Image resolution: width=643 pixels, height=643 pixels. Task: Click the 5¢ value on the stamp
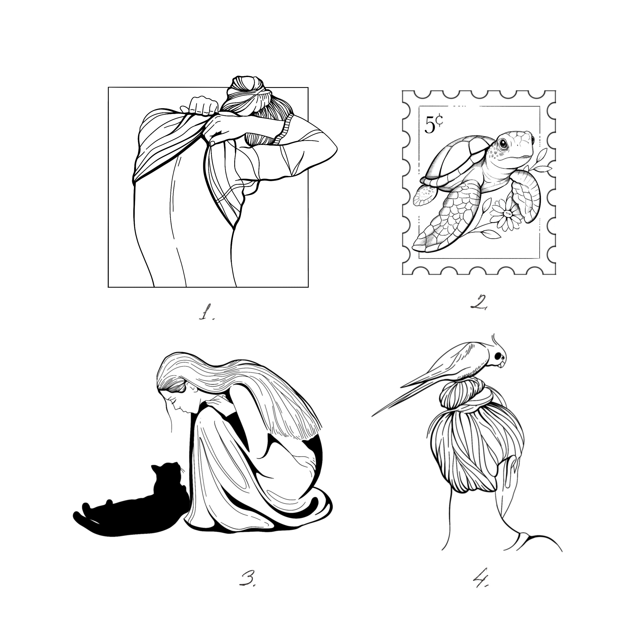click(x=433, y=124)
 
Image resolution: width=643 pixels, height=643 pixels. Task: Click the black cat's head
click(x=166, y=474)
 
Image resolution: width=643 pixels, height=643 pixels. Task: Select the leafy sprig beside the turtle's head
click(x=541, y=161)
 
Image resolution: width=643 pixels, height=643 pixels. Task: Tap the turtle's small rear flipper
click(x=425, y=196)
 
